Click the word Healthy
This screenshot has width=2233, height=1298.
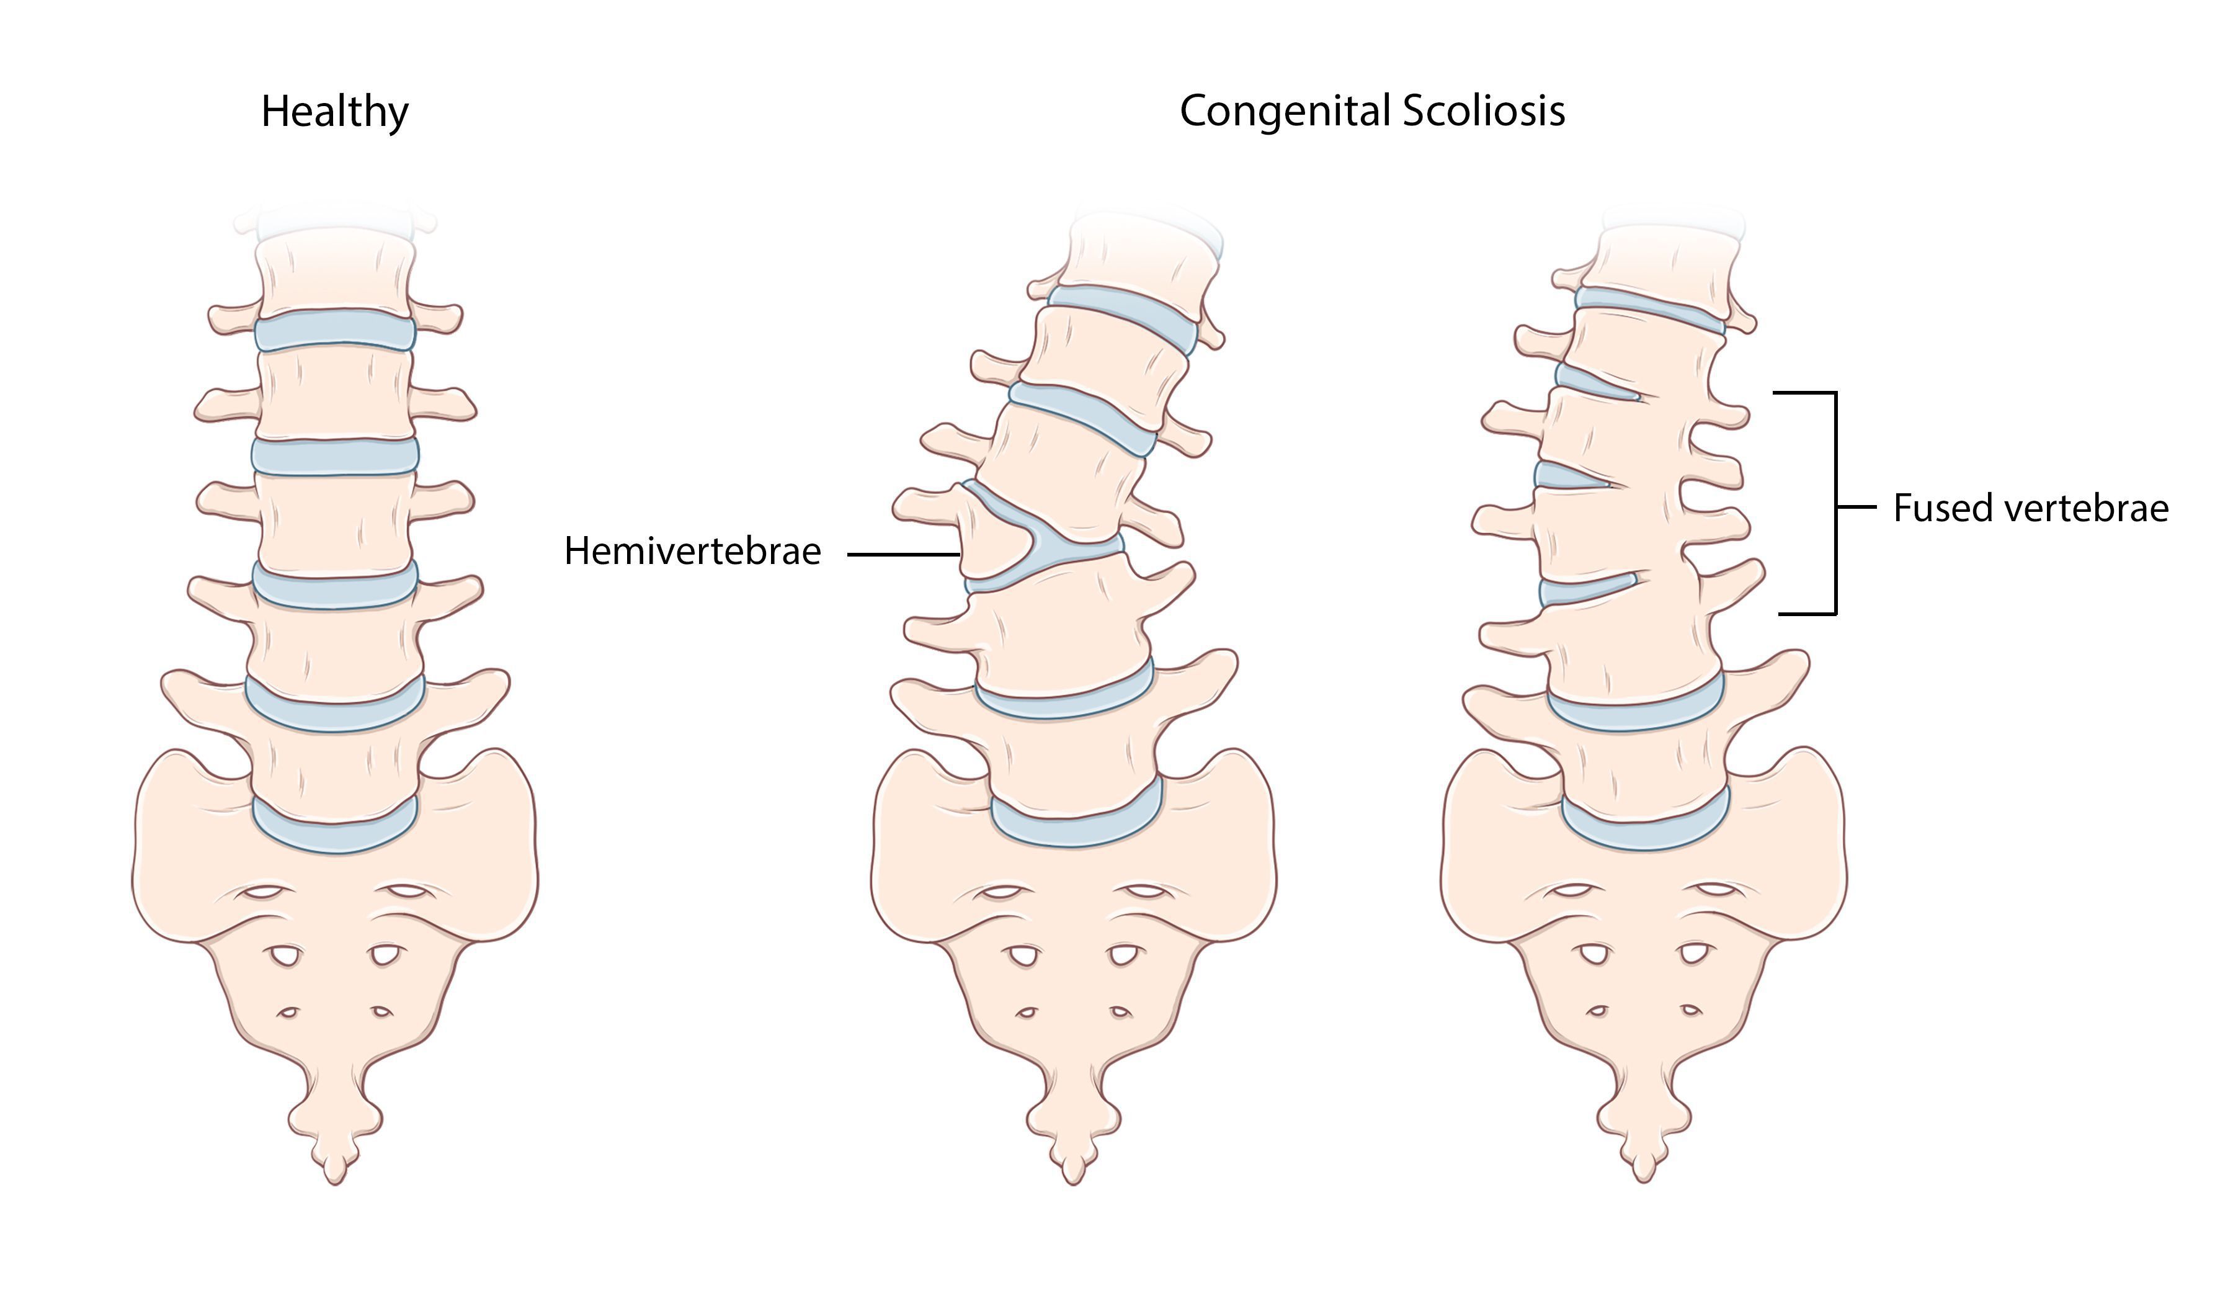click(335, 112)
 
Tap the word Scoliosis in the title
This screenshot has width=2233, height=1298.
click(1484, 111)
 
